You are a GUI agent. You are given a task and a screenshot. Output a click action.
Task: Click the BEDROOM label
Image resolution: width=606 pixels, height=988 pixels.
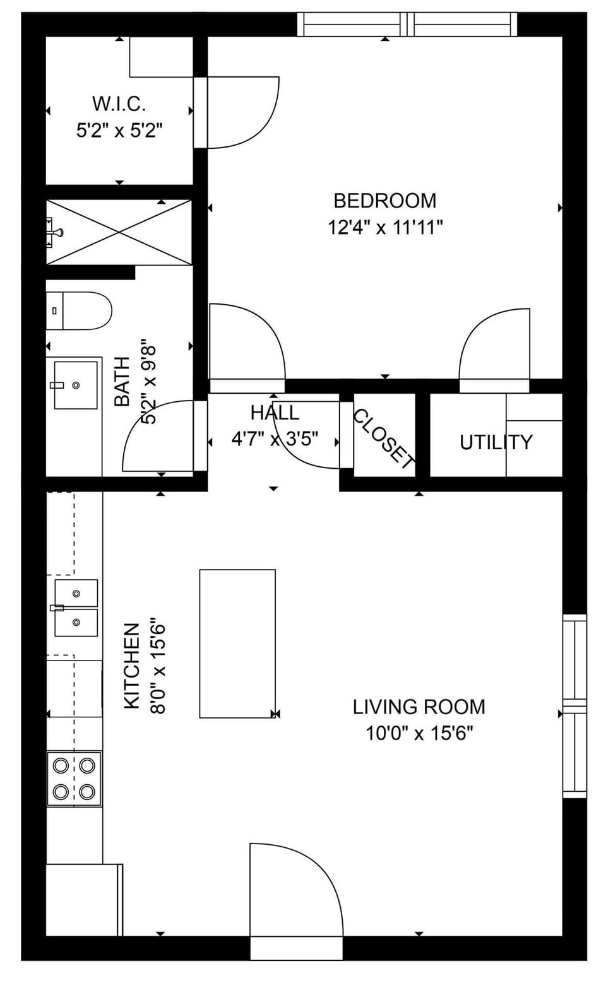(384, 201)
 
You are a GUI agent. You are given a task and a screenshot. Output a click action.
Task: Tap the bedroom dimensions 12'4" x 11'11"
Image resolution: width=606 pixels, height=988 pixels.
(384, 227)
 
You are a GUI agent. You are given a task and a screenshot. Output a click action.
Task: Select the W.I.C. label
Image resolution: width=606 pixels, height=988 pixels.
(119, 103)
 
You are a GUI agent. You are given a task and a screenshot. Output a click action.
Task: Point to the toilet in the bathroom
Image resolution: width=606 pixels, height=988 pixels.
(79, 310)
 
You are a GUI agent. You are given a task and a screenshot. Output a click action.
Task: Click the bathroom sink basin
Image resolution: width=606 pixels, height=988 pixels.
(76, 385)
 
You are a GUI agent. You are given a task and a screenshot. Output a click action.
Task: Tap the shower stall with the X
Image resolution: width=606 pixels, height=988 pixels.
(119, 232)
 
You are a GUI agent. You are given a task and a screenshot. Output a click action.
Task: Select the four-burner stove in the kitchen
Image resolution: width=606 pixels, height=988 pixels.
(74, 778)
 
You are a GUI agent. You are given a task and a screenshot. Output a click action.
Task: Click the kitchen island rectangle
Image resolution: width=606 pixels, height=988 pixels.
(237, 644)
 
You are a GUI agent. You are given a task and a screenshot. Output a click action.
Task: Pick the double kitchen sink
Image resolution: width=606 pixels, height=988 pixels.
(76, 608)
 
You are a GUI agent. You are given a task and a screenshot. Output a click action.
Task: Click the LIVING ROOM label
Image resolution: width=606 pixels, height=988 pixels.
(419, 707)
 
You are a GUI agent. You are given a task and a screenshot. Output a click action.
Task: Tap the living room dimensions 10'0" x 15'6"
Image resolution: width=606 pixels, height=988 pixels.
(419, 733)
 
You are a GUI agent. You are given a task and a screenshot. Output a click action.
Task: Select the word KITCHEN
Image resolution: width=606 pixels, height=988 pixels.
(131, 666)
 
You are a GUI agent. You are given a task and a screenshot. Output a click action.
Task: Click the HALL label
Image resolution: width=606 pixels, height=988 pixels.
(275, 413)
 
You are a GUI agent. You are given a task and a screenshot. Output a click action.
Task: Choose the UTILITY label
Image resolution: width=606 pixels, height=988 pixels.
(496, 442)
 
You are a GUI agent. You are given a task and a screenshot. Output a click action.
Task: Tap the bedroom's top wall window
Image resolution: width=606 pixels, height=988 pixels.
(407, 25)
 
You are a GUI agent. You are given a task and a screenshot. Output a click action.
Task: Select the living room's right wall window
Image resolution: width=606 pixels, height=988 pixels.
(574, 705)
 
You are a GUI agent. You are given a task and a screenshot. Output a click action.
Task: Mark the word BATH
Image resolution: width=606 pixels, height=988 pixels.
(122, 381)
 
